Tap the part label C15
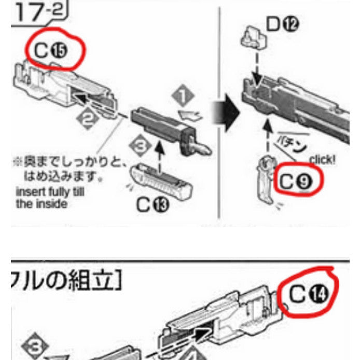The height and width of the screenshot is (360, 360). click(52, 51)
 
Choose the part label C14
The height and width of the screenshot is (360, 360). click(310, 294)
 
